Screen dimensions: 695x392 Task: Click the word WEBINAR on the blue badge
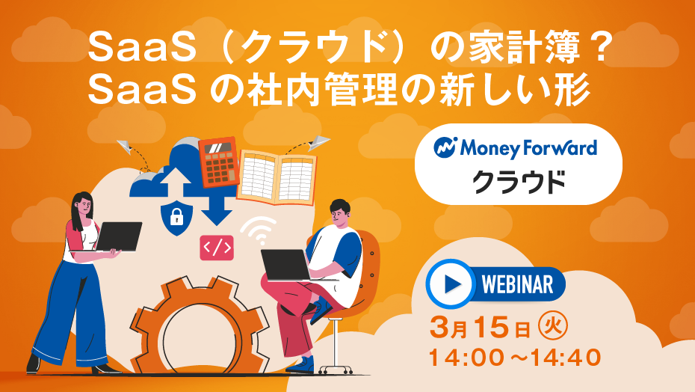pos(517,284)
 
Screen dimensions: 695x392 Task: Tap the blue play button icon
pos(449,284)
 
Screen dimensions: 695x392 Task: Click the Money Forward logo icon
pos(445,147)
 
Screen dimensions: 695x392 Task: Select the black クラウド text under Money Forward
pos(518,182)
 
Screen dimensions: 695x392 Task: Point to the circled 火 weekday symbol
pos(552,328)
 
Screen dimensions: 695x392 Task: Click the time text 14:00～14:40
pos(515,358)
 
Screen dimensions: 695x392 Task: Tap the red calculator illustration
pos(218,162)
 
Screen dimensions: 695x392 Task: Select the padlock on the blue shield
pos(176,217)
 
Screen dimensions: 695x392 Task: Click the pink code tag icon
pos(217,248)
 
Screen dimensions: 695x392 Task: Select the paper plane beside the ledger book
pos(319,142)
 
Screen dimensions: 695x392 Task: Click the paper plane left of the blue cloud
pos(125,147)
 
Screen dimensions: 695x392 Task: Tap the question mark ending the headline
pos(601,47)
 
